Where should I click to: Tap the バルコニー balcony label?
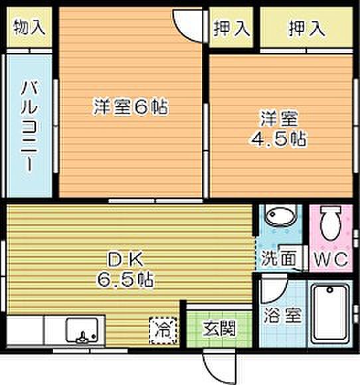click(x=28, y=126)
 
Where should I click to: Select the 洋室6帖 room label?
click(x=130, y=107)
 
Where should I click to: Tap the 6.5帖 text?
click(x=126, y=280)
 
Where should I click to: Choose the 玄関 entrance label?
click(x=217, y=327)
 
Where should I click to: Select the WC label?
click(x=331, y=259)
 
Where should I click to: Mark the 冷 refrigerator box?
click(x=161, y=327)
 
